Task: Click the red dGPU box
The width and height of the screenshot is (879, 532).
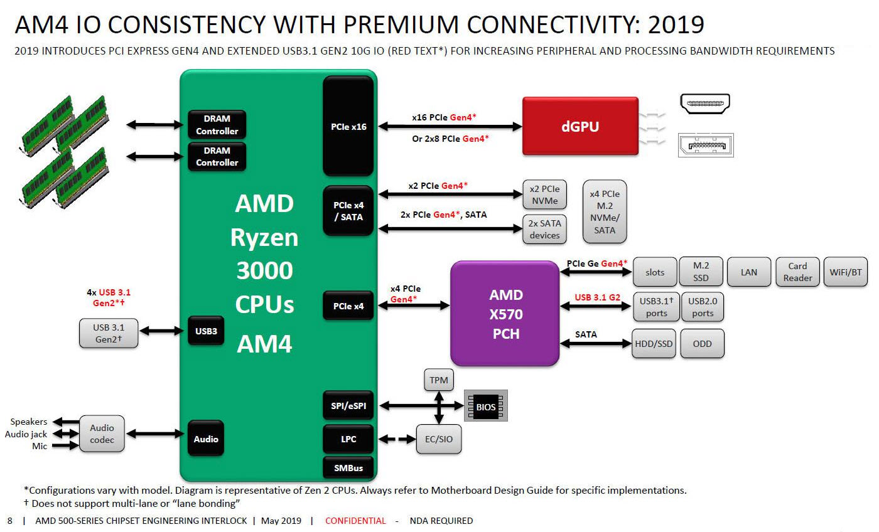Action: click(580, 125)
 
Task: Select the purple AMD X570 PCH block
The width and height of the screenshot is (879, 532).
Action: click(505, 314)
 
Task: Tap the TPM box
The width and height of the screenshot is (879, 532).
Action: click(439, 380)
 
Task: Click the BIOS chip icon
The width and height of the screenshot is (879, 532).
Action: click(485, 407)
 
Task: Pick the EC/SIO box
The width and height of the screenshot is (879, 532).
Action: click(439, 439)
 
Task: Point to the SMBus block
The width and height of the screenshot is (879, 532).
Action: click(348, 467)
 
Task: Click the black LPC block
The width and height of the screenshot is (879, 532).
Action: click(348, 439)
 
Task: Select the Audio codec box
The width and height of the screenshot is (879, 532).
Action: click(102, 434)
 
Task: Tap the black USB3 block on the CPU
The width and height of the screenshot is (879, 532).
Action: click(206, 331)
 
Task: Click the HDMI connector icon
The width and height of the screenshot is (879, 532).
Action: click(705, 104)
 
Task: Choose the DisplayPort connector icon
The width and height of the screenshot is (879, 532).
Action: click(705, 145)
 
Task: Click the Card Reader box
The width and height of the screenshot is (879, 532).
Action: click(797, 272)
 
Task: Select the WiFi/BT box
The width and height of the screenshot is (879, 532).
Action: click(845, 272)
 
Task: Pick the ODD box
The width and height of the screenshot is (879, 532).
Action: click(701, 344)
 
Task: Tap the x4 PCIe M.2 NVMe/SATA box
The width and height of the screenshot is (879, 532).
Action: click(605, 211)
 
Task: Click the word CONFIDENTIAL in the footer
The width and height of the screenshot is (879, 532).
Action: click(355, 521)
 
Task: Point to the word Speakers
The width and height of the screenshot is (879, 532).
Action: click(29, 422)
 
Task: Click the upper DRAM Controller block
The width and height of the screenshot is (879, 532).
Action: click(217, 125)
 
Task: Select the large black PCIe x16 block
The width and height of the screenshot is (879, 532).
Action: click(348, 126)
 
